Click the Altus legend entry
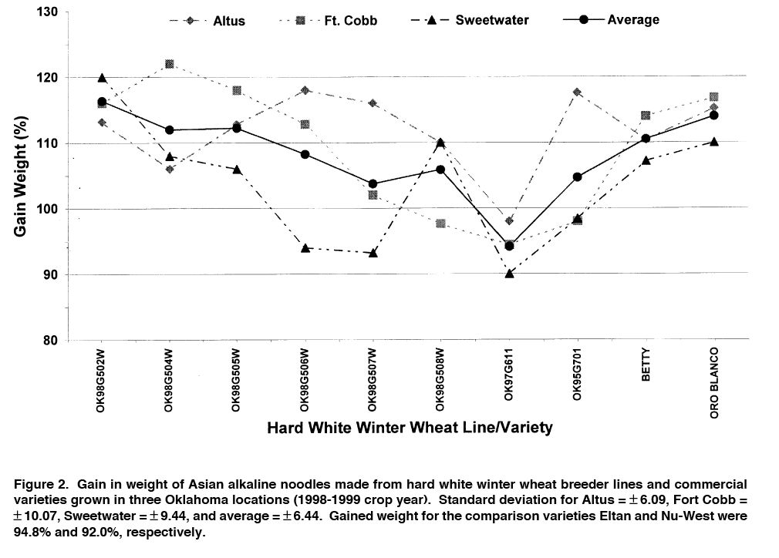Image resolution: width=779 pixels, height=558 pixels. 209,21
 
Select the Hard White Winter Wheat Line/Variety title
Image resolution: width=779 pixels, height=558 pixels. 410,427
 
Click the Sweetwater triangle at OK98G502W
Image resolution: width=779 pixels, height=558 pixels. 102,78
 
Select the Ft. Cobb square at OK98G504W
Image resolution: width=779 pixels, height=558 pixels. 170,64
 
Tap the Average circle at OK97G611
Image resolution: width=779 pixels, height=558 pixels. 509,246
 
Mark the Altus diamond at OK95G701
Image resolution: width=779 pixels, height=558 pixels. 577,92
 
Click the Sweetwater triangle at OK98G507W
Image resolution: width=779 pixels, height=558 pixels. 373,253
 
